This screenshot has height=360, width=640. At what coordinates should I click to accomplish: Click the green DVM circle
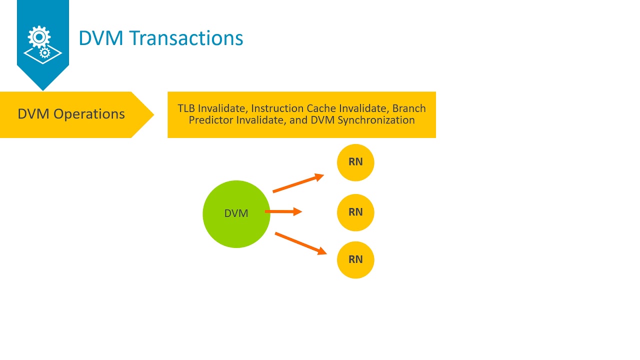click(x=236, y=214)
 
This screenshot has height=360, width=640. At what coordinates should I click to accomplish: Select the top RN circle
click(x=355, y=162)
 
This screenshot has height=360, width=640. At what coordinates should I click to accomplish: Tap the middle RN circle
click(x=355, y=212)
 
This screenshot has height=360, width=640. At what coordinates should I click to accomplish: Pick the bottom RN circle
click(x=355, y=259)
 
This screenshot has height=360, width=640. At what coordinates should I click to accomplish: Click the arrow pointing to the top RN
click(x=298, y=183)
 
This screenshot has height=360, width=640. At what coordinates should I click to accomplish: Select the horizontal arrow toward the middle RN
click(x=283, y=212)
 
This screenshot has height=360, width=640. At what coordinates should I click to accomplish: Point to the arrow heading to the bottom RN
click(x=300, y=243)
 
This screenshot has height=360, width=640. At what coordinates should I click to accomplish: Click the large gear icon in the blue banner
click(x=39, y=37)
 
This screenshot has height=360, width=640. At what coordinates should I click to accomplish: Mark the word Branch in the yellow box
click(x=409, y=108)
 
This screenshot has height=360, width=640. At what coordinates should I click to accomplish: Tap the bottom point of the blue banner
click(x=43, y=89)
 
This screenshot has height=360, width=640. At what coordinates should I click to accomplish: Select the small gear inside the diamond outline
click(x=44, y=52)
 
